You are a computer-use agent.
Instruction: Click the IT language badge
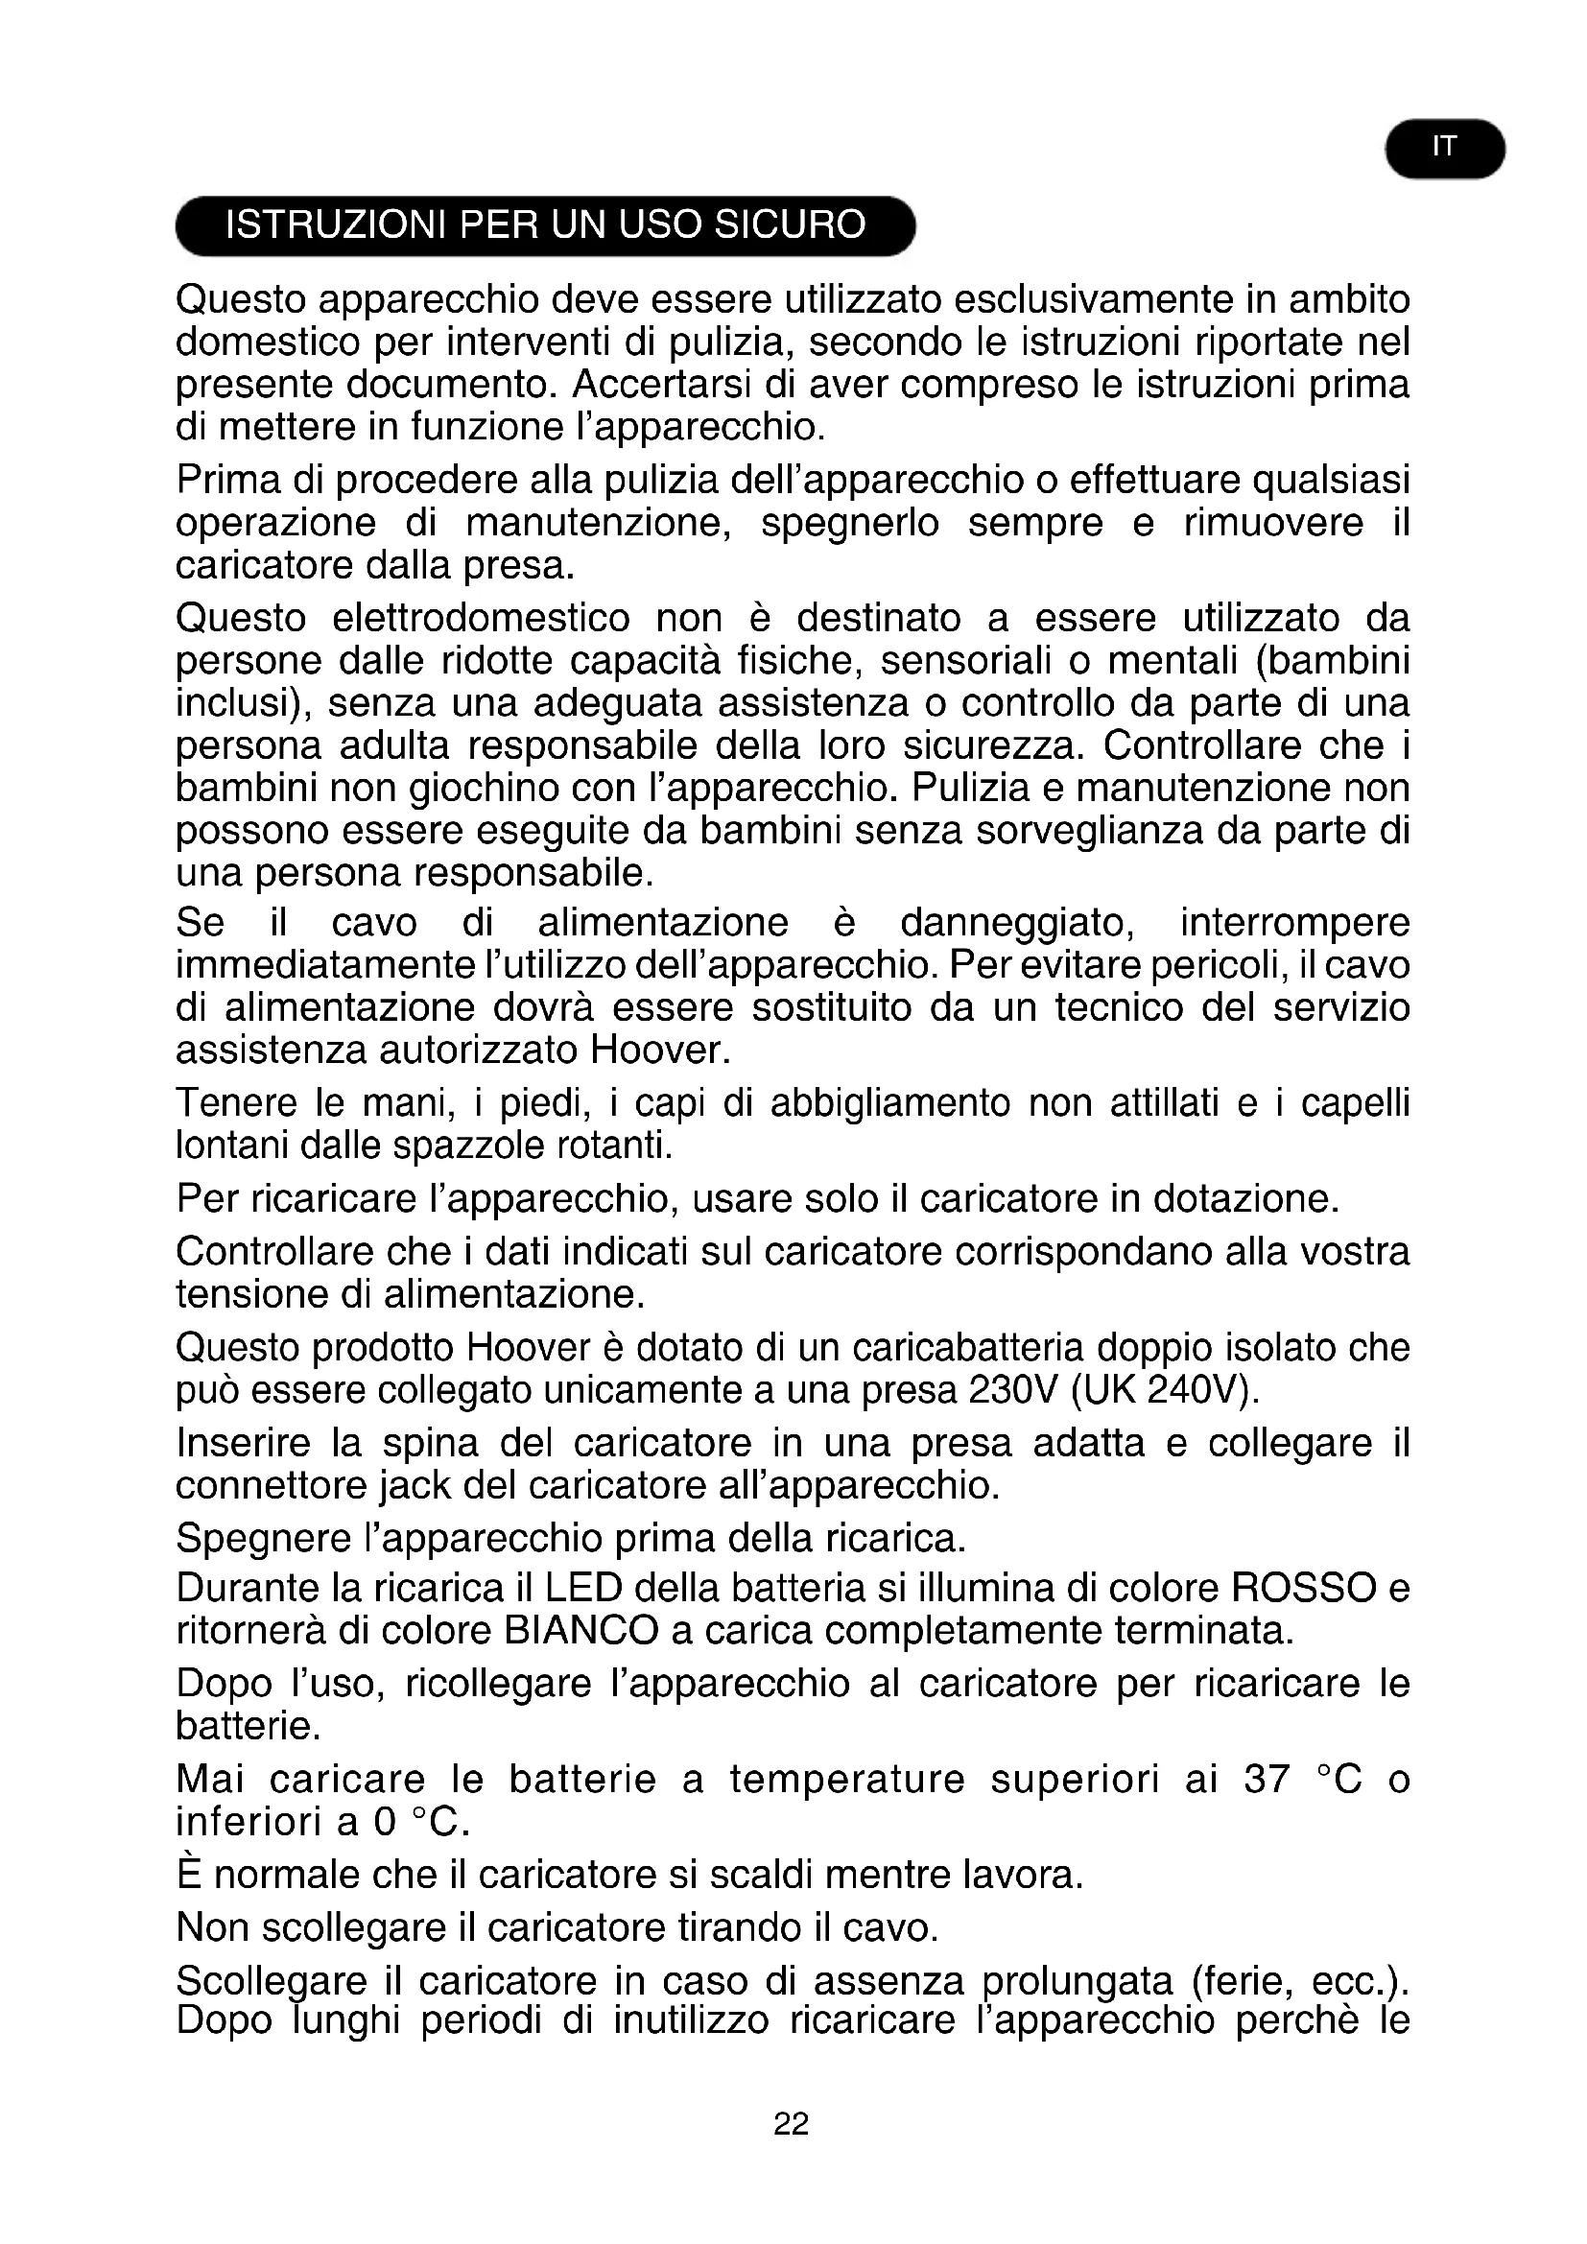(1444, 149)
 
